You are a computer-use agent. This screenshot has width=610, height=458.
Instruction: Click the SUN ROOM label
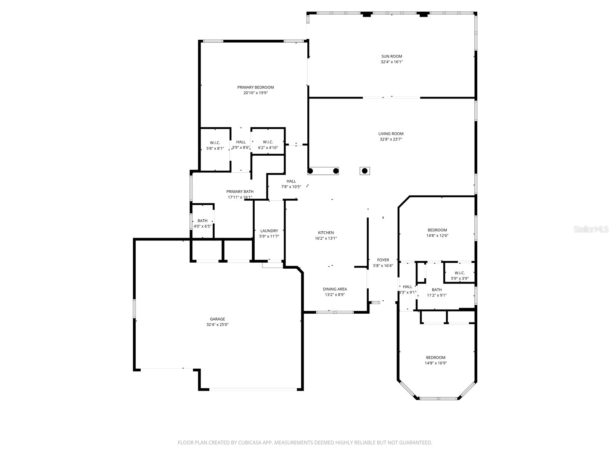click(392, 56)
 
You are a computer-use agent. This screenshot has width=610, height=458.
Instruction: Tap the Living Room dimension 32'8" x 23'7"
click(391, 139)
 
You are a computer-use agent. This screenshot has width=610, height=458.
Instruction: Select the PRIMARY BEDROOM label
click(255, 87)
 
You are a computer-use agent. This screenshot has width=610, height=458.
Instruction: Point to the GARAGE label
click(217, 319)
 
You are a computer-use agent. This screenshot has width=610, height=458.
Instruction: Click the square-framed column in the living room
click(365, 171)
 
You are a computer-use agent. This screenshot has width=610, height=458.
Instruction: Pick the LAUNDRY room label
click(269, 231)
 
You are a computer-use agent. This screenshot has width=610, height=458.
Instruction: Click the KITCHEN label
click(326, 233)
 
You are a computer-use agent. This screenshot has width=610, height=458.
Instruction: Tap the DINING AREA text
click(335, 289)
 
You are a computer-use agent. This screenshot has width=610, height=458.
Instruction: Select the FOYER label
click(383, 260)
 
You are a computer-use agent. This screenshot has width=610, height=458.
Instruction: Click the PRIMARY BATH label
click(240, 192)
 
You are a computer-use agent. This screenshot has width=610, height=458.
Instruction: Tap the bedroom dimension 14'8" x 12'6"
click(437, 235)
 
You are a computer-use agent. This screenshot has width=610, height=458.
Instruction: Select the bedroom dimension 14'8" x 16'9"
click(436, 363)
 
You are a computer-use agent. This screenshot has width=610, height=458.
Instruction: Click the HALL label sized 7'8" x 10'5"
click(291, 181)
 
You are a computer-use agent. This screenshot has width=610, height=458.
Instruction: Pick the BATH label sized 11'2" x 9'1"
click(437, 290)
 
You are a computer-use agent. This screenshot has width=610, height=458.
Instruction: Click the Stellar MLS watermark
click(591, 229)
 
